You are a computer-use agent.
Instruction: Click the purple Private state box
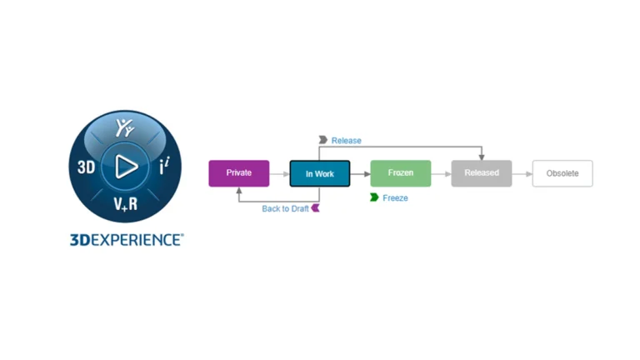point(239,173)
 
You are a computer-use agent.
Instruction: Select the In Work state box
point(320,173)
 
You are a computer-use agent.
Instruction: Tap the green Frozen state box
point(401,173)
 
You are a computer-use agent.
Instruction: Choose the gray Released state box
point(482,173)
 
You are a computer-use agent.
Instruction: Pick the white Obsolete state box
point(562,173)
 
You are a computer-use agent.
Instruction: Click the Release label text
point(347,141)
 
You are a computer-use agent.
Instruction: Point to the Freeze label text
point(395,198)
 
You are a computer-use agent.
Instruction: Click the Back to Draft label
point(285,208)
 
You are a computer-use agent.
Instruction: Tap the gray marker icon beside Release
point(323,141)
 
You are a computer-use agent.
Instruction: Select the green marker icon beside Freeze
point(375,198)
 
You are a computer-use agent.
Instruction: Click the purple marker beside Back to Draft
point(316,208)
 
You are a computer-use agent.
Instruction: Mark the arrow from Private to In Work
point(279,173)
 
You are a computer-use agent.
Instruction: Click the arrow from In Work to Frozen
point(360,173)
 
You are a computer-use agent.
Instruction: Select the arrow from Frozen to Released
point(441,173)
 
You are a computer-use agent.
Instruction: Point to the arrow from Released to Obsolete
point(522,173)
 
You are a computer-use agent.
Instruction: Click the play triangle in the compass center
point(127,167)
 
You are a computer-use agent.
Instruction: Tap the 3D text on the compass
point(86,167)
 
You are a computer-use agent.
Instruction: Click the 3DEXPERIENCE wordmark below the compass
point(126,239)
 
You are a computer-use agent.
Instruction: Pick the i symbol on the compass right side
point(164,167)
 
